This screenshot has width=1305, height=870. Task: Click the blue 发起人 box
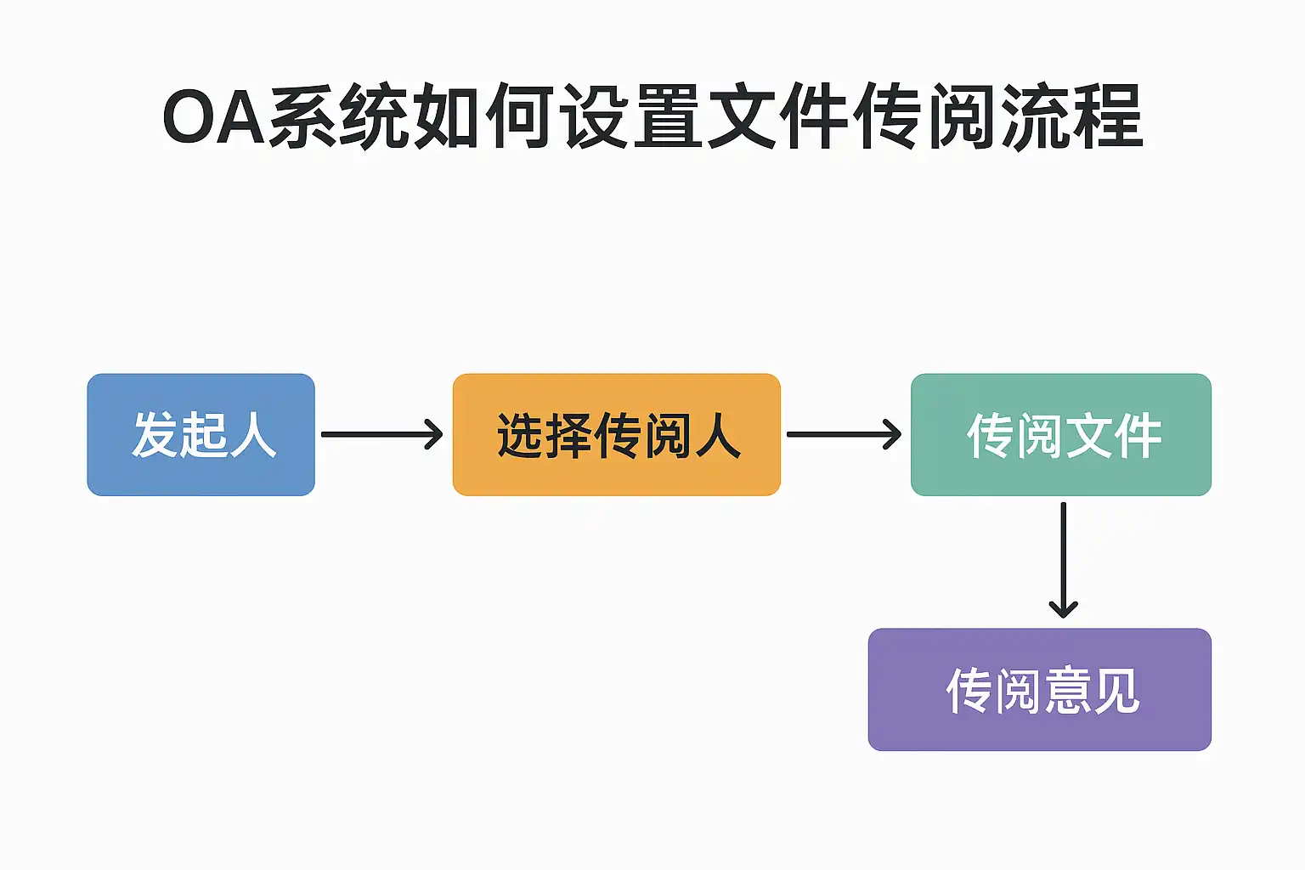pos(201,434)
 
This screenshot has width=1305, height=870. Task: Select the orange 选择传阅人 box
pos(616,434)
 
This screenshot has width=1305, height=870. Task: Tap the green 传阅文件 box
pos(1060,434)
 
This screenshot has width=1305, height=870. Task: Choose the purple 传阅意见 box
pos(1039,689)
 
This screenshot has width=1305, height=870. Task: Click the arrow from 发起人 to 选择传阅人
pos(381,434)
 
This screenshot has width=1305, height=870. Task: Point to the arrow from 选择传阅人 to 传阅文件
pos(844,434)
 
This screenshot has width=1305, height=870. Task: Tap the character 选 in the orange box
pos(520,436)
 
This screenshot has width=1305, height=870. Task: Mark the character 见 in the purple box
pos(1116,691)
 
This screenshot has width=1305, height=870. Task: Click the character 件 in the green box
pos(1138,436)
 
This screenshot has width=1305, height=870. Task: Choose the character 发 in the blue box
pos(155,435)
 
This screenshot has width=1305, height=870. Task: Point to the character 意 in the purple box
pos(1067,691)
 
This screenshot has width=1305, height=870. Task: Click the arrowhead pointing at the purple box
pos(1063,608)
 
